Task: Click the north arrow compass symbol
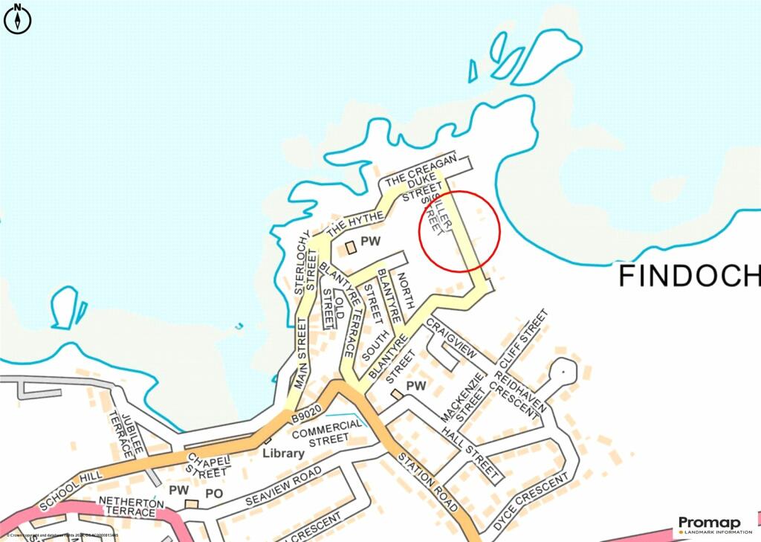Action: [18, 19]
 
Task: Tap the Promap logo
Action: [713, 526]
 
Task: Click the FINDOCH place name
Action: [690, 276]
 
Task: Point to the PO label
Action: [214, 491]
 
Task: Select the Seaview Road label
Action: [283, 486]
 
